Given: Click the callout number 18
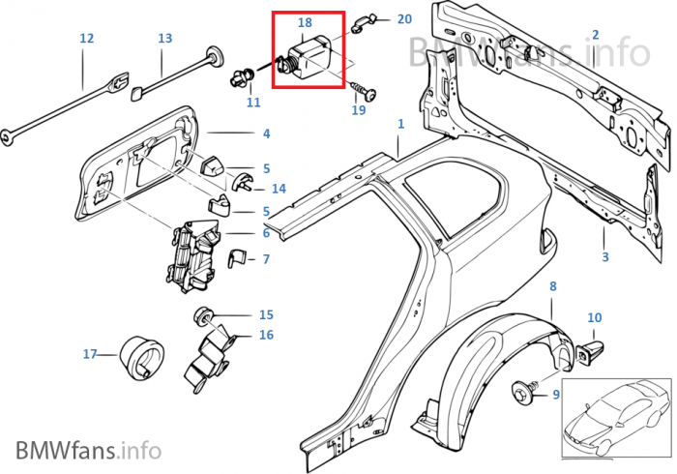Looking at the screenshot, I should click(x=305, y=21).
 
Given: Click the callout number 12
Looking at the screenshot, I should click(x=86, y=39).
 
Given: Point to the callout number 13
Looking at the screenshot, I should click(x=164, y=39).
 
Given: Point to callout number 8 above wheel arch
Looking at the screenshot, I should click(x=552, y=286).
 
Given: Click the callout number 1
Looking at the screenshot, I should click(x=400, y=126).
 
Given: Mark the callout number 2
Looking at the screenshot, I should click(x=596, y=35).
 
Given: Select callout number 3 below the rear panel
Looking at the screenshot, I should click(x=604, y=257).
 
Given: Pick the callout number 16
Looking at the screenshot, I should click(x=266, y=336).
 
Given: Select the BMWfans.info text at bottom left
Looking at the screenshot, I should click(x=88, y=449).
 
